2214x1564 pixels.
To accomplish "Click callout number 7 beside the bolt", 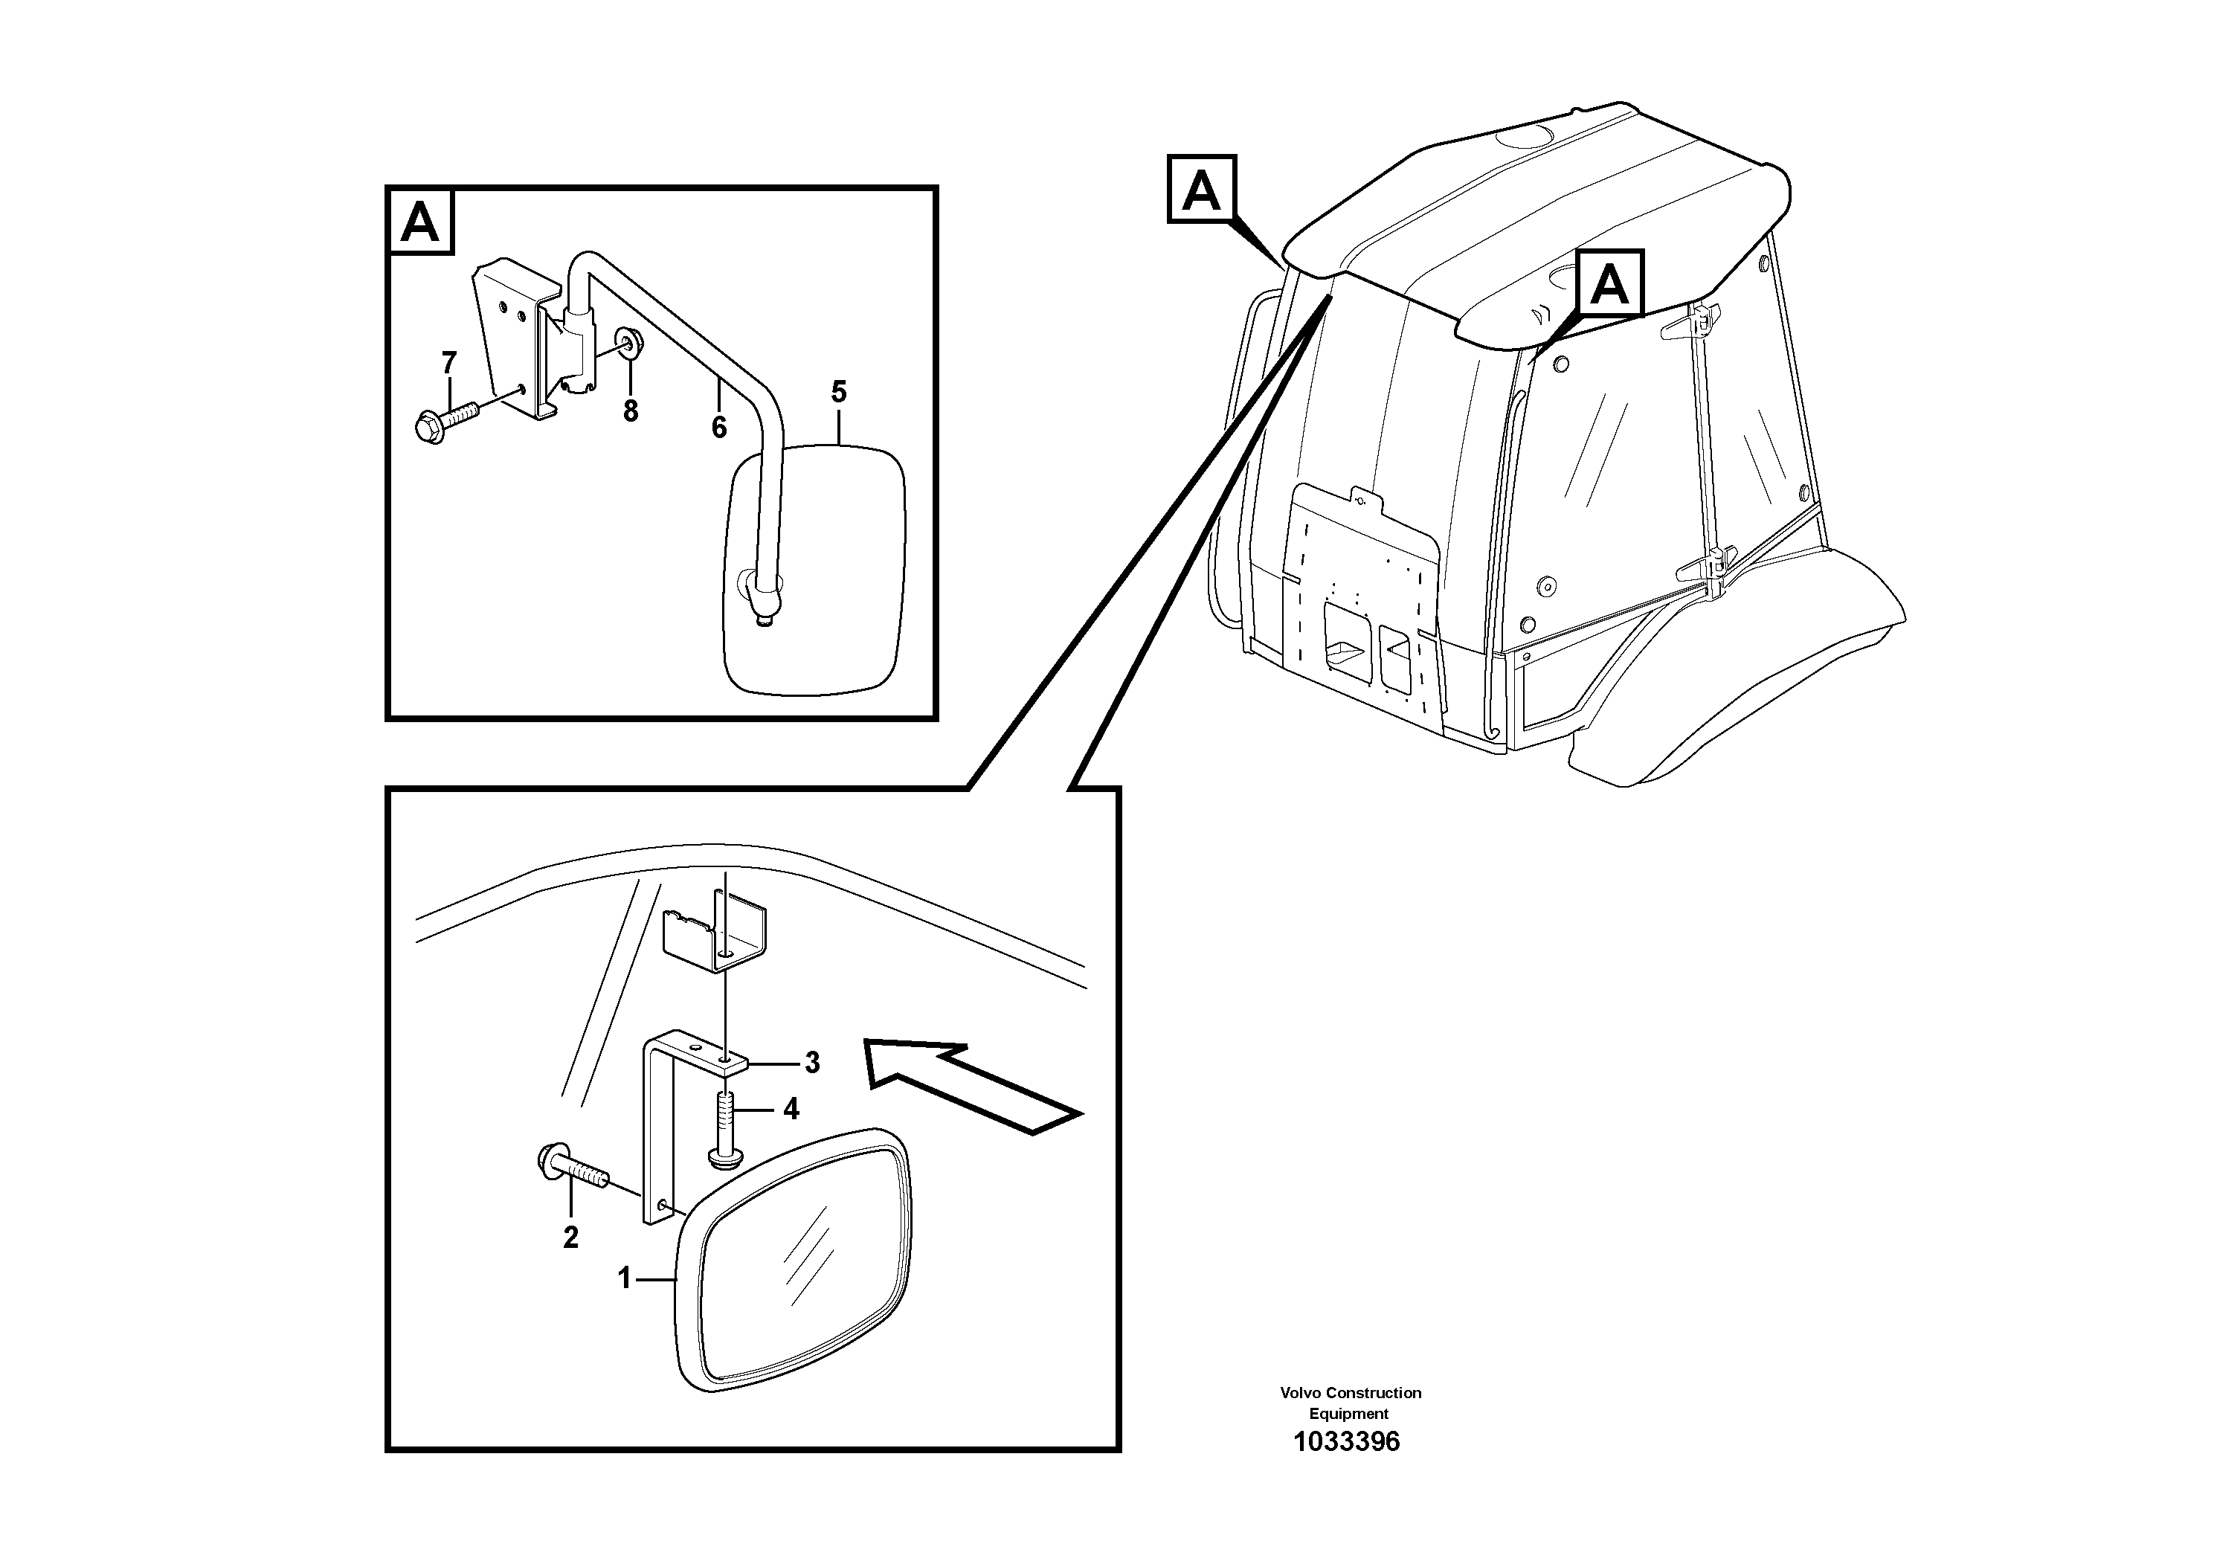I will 448,364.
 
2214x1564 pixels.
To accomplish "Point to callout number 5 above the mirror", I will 839,393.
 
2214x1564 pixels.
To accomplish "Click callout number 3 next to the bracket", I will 812,1063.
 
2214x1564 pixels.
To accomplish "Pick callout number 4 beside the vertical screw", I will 791,1110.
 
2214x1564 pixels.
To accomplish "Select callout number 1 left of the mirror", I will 624,1278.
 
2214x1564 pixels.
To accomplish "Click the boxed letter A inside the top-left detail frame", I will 420,223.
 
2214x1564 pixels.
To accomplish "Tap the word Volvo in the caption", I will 1300,1392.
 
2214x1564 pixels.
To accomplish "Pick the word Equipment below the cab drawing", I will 1348,1414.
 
